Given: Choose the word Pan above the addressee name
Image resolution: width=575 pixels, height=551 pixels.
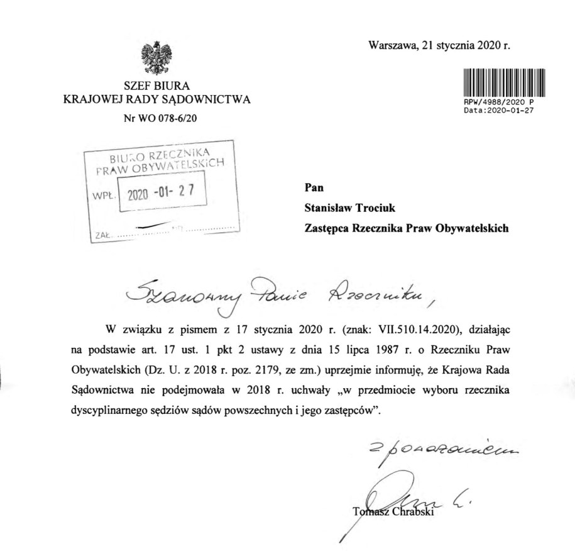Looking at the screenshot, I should [x=312, y=187].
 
